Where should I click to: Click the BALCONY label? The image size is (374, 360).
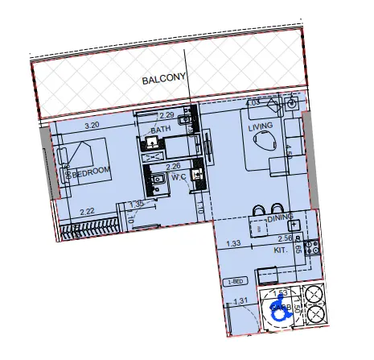tap(164, 80)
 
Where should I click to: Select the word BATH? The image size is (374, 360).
tap(159, 130)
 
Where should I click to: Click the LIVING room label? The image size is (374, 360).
tap(261, 126)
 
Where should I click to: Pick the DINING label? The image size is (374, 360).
tap(279, 217)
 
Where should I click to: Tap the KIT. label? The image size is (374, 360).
tap(281, 250)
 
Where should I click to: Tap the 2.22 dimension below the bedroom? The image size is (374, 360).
tap(88, 211)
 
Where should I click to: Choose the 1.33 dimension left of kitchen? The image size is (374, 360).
tap(234, 243)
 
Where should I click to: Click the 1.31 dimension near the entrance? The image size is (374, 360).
tap(240, 301)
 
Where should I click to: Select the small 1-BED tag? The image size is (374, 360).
tap(236, 281)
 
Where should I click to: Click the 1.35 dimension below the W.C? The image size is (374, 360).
tap(136, 205)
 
